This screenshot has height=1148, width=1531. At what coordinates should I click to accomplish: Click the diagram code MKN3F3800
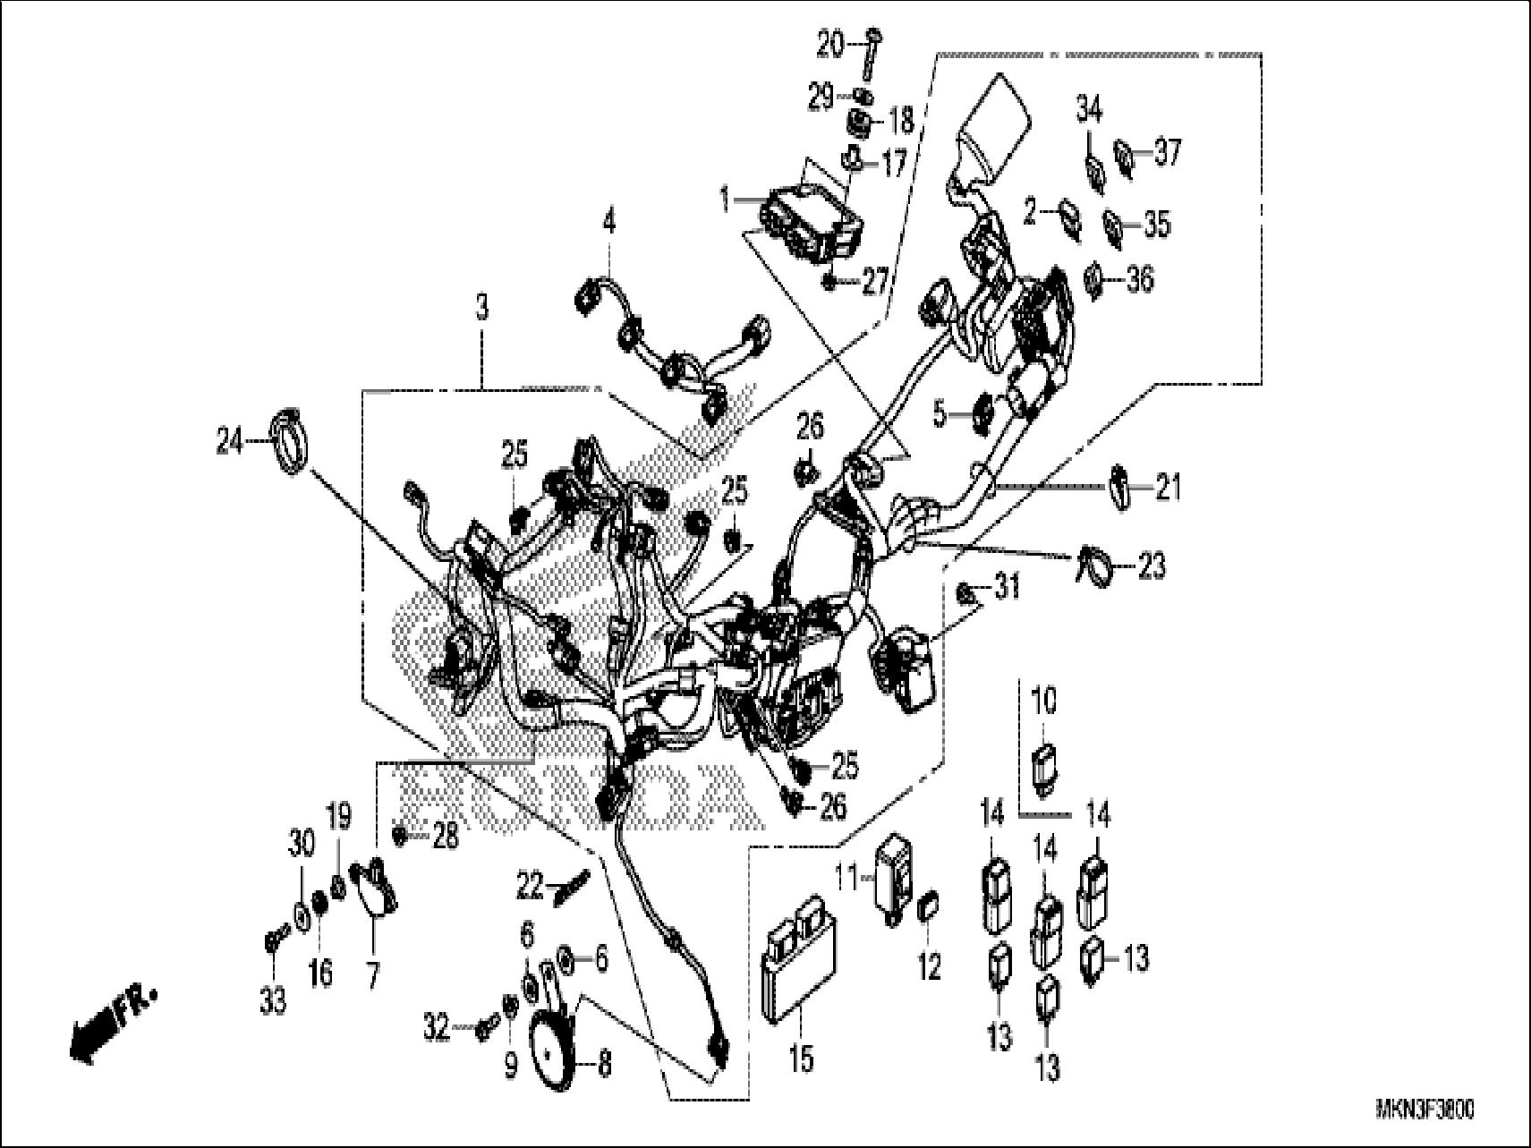1425,1110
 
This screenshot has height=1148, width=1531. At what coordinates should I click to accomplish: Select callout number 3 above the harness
481,310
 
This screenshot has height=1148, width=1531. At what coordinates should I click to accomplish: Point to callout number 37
1167,153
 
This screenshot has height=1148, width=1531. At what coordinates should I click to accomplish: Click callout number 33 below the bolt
273,1000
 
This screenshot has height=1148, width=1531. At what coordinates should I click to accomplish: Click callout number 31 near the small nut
1007,587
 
